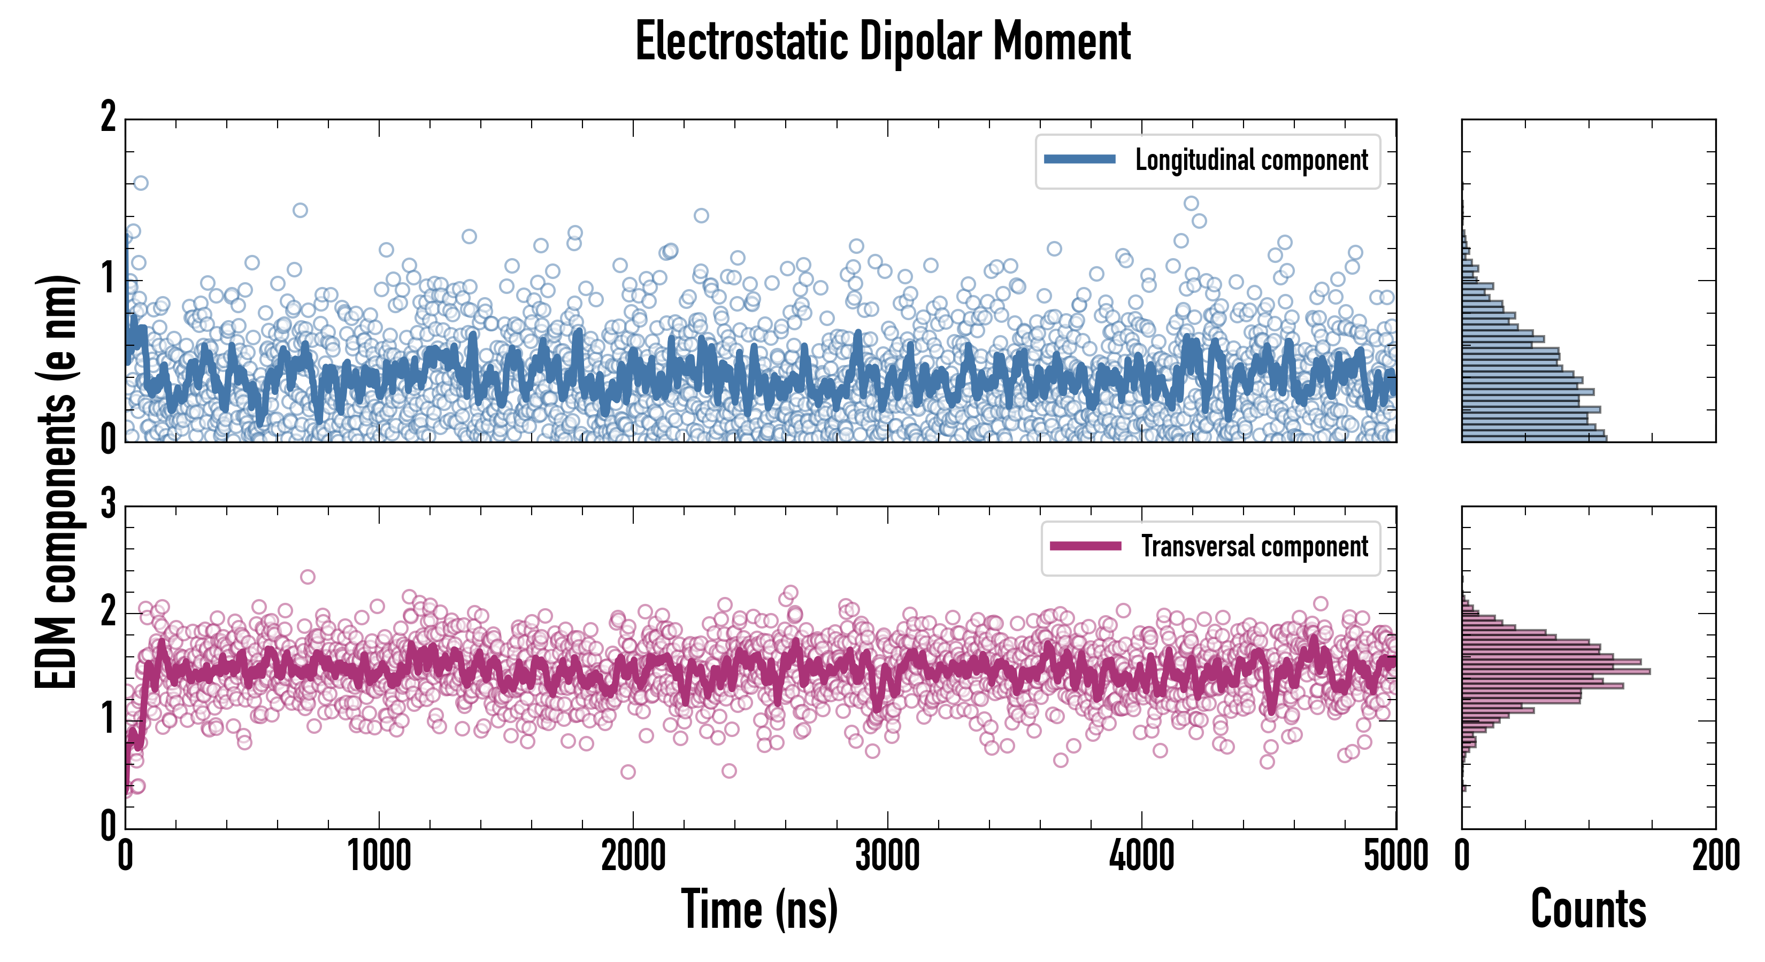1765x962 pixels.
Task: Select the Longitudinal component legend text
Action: click(x=1251, y=160)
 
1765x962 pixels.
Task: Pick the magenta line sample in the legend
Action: click(x=1085, y=546)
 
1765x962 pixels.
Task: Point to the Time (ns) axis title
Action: click(x=759, y=909)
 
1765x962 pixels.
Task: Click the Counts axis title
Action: click(x=1588, y=909)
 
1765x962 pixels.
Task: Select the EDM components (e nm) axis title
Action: click(x=56, y=482)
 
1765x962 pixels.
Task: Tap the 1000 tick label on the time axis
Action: click(x=379, y=856)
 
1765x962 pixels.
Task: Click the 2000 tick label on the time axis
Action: click(x=633, y=856)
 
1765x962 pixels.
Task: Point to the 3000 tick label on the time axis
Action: click(x=887, y=856)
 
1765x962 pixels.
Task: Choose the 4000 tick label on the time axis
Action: click(x=1141, y=856)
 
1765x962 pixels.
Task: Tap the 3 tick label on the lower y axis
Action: click(x=108, y=505)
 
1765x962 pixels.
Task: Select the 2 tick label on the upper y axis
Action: click(x=108, y=118)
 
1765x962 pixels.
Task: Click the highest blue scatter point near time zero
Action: click(x=141, y=183)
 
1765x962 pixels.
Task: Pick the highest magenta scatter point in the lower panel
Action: click(x=308, y=577)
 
